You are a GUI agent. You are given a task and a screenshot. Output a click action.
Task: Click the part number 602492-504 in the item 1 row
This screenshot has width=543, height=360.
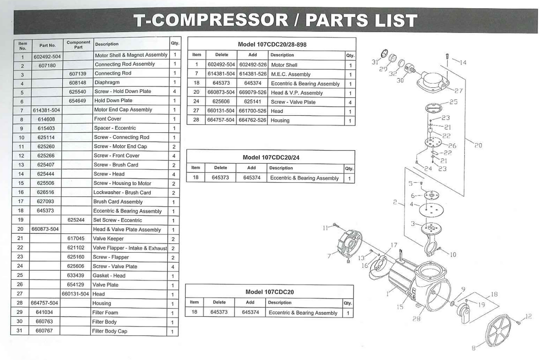point(47,57)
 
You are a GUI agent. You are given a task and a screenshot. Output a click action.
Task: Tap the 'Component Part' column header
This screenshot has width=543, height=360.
point(78,45)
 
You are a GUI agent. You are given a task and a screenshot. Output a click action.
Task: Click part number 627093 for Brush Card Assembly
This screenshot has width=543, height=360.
point(45,201)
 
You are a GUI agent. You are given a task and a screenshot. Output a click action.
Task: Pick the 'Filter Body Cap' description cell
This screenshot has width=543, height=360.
point(110,331)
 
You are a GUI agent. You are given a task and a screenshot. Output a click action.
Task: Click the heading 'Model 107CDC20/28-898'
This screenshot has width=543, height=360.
point(272,45)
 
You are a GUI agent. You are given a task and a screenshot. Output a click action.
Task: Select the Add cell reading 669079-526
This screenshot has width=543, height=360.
point(253,92)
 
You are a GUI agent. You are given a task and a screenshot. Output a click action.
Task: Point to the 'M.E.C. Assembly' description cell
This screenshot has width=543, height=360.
point(291,74)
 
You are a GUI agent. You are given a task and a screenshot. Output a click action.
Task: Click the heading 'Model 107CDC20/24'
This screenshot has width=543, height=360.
point(271,158)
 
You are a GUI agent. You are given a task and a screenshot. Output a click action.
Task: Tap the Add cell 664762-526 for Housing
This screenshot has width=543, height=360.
point(252,120)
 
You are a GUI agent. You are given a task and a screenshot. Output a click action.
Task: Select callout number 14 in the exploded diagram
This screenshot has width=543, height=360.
point(463,63)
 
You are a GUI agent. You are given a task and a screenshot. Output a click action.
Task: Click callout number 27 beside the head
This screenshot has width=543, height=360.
point(458,91)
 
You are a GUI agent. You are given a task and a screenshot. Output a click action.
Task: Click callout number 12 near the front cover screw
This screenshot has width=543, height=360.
point(529,316)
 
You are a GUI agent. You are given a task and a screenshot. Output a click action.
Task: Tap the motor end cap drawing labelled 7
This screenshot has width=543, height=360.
point(350,243)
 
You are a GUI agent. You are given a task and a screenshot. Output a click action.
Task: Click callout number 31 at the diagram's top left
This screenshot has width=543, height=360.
point(375,62)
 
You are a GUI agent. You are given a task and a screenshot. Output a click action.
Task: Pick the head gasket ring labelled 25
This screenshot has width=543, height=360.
point(433,108)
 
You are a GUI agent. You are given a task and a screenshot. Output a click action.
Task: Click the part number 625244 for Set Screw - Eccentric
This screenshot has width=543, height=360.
point(76,220)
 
